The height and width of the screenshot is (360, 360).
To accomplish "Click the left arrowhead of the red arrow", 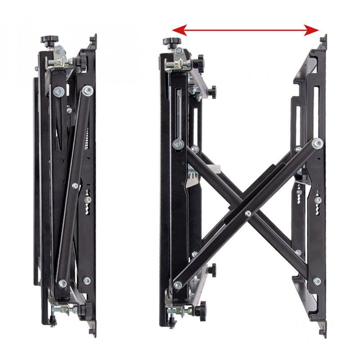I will (x=177, y=31).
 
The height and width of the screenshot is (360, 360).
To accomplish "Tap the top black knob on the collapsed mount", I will (x=47, y=41).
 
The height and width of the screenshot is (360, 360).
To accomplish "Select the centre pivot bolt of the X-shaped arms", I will (x=248, y=212).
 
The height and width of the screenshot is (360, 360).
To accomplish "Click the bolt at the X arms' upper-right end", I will (x=318, y=144).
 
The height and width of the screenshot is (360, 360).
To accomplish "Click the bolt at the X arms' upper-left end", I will (x=176, y=144).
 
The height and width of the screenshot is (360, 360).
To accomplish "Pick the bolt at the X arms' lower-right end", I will (x=317, y=282).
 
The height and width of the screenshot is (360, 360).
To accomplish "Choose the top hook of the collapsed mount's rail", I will (x=94, y=40).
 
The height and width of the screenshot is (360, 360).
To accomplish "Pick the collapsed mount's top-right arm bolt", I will (x=87, y=91).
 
